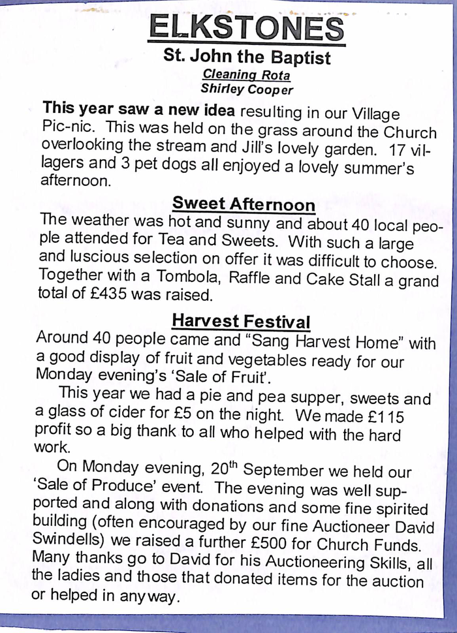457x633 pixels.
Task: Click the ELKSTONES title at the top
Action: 247,28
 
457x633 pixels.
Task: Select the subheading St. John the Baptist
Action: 247,57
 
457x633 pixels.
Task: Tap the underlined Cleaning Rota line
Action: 246,76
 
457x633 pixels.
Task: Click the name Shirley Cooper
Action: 247,89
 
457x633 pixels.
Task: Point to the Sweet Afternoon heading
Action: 244,204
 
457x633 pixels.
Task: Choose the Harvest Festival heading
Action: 240,321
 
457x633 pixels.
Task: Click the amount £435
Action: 107,295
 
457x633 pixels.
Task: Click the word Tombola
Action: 181,279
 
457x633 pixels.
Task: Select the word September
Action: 284,471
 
